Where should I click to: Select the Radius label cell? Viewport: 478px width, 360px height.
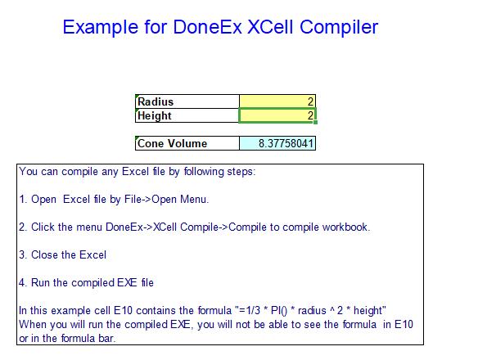pos(187,102)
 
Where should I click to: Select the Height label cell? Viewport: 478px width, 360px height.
pos(187,116)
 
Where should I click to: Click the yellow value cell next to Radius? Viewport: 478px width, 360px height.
pos(277,102)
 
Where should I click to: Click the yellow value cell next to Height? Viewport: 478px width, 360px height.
pos(277,116)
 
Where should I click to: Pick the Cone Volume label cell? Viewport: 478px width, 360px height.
pos(187,143)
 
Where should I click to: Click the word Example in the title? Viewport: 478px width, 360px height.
pos(103,27)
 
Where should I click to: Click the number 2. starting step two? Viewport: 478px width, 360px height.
pos(23,227)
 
